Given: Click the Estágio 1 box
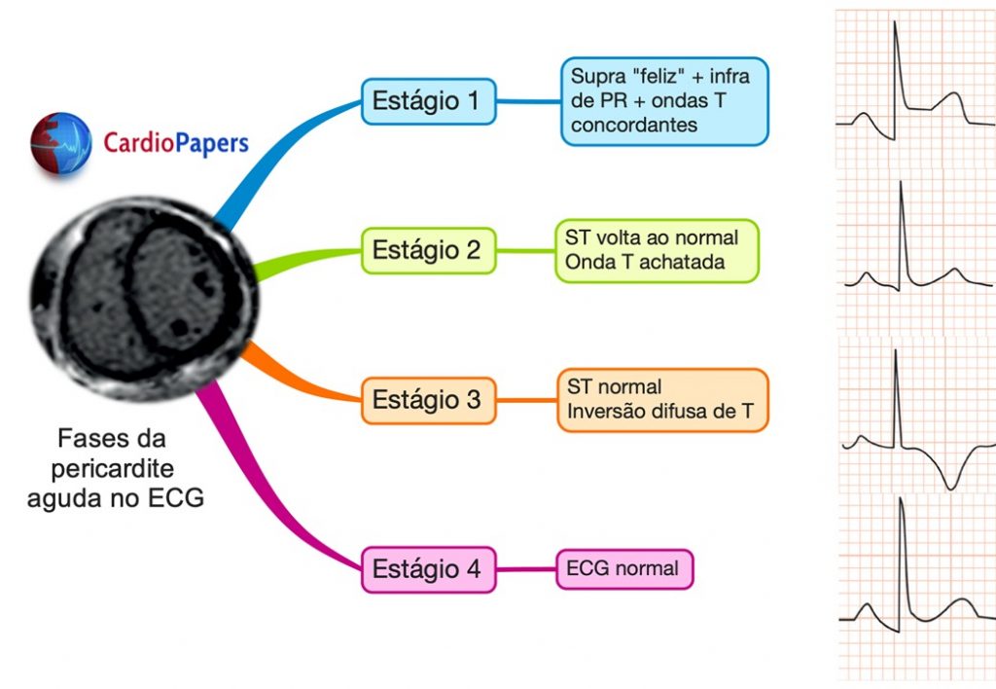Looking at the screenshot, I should point(428,101).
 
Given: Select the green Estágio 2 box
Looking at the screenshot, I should point(428,250).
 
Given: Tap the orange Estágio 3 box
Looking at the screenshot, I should point(428,400).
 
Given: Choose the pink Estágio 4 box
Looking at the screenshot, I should point(428,569).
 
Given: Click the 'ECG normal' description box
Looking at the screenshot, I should point(624,568).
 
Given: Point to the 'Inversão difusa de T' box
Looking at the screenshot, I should point(662,400).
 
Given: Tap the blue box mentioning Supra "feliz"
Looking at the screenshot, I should point(664,100).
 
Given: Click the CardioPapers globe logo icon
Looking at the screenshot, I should point(60,143).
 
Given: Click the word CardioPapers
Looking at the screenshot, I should point(176,144).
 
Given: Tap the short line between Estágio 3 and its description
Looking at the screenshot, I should point(526,400).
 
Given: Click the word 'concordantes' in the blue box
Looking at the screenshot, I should point(634,125).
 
